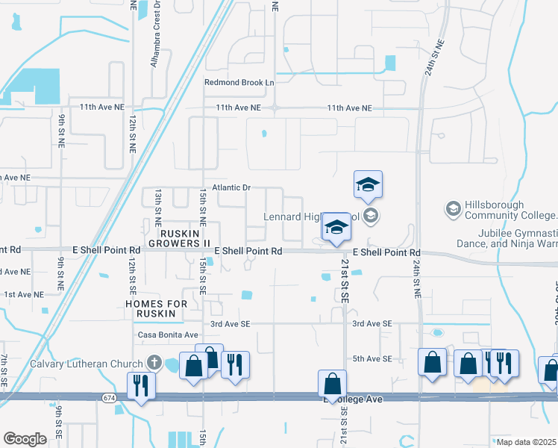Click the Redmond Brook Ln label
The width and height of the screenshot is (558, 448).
point(239,82)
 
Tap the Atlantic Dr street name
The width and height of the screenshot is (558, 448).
point(231,187)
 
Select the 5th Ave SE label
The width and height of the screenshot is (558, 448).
point(372,359)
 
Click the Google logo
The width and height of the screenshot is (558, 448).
point(25,438)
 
